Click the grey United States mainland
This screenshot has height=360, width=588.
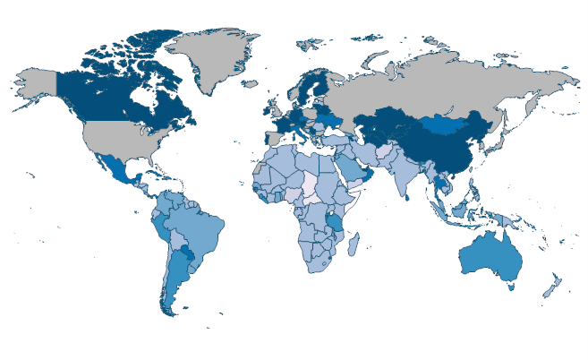tap(125, 139)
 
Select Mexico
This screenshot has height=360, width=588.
tap(117, 170)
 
